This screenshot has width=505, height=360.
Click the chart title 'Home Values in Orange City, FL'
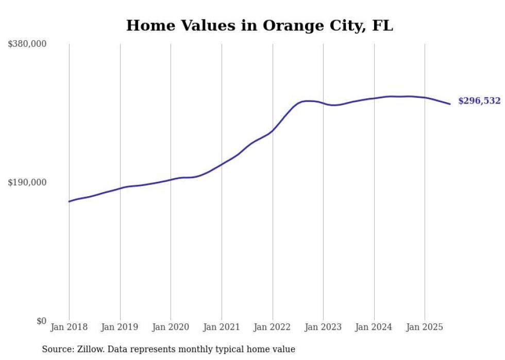click(259, 25)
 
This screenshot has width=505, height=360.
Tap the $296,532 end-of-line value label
click(479, 101)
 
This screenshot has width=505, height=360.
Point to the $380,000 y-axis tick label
click(27, 44)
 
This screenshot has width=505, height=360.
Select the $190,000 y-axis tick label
click(27, 183)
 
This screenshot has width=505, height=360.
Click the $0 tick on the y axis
click(41, 321)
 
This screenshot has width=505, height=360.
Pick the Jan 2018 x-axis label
click(69, 327)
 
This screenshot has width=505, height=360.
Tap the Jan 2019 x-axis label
click(120, 327)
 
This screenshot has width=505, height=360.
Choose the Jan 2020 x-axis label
click(171, 327)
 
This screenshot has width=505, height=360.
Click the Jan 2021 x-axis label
click(222, 327)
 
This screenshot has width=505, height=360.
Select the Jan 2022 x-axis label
click(273, 327)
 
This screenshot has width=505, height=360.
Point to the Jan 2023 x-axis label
click(323, 327)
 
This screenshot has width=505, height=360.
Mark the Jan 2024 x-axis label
click(374, 327)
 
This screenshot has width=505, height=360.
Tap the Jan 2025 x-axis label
click(425, 327)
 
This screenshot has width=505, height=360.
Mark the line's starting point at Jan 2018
click(69, 201)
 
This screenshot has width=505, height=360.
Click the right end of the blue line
click(450, 104)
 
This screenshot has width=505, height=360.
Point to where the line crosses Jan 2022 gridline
click(273, 130)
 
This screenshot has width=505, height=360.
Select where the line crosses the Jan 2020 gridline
click(171, 180)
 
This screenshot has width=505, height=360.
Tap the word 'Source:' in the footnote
click(57, 350)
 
